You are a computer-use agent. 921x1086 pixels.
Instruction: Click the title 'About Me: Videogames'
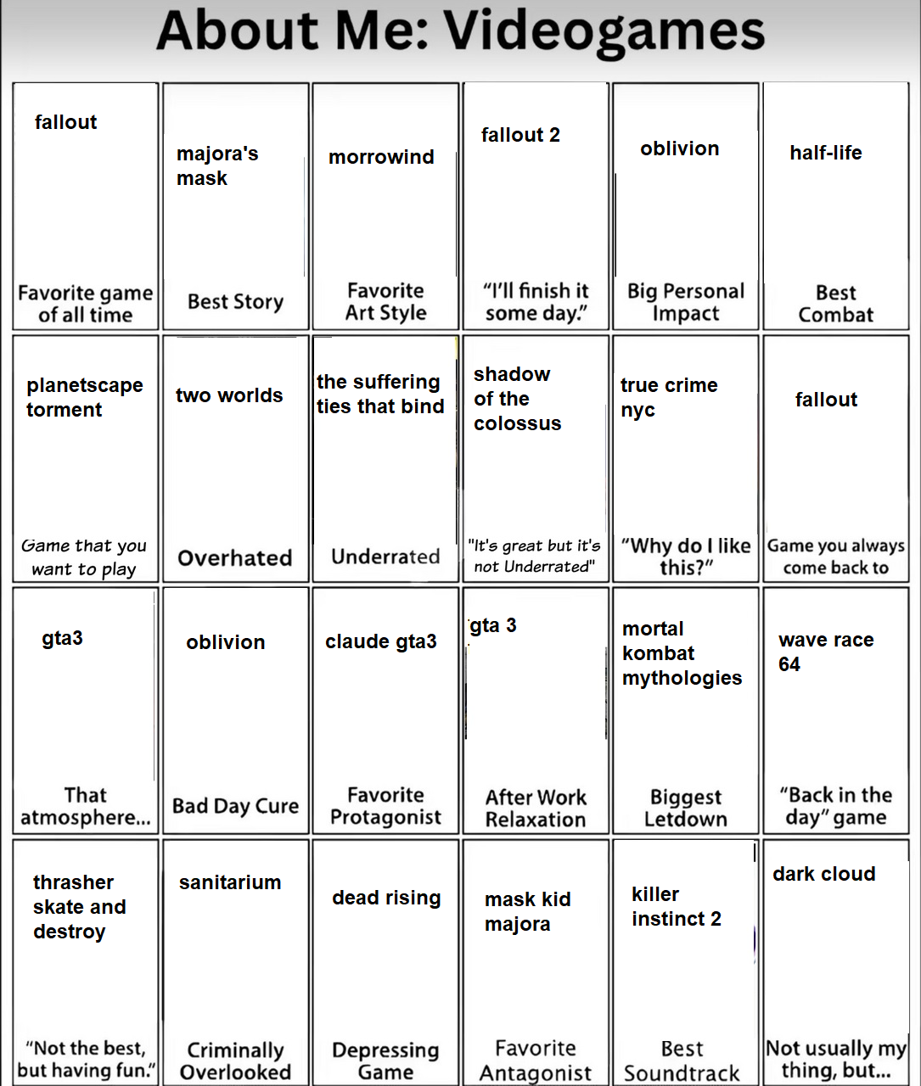click(x=460, y=32)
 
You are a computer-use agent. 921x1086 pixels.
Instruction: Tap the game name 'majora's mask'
click(x=216, y=165)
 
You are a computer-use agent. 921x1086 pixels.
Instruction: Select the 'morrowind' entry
click(x=381, y=157)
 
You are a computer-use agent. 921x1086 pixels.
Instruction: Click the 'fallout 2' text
click(x=520, y=135)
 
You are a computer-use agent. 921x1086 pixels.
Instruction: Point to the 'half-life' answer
click(x=825, y=153)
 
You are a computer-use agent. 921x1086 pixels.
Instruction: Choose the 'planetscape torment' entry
click(x=84, y=397)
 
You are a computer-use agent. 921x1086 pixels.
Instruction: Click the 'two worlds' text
click(x=229, y=395)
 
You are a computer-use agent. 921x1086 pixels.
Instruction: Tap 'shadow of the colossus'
click(x=517, y=399)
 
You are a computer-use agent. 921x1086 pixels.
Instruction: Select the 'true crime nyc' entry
click(x=669, y=397)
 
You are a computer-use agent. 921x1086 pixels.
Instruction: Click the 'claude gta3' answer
click(x=381, y=641)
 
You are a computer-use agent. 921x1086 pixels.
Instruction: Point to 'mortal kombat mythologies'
click(x=682, y=653)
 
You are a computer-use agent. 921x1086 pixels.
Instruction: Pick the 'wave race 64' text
click(x=825, y=652)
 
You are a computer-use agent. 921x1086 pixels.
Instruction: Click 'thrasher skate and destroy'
click(x=79, y=907)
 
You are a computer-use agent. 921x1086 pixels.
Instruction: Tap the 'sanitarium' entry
click(x=230, y=882)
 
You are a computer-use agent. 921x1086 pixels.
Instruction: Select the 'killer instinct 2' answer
click(x=676, y=906)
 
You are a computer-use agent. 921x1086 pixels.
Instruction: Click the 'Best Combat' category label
click(x=835, y=304)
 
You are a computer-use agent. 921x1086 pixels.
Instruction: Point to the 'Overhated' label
click(x=235, y=558)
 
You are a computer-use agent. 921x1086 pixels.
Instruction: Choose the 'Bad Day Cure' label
click(x=235, y=806)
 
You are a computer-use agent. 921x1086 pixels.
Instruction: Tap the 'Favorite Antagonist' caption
click(x=536, y=1061)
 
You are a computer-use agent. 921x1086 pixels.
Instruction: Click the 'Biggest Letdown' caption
click(x=686, y=808)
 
